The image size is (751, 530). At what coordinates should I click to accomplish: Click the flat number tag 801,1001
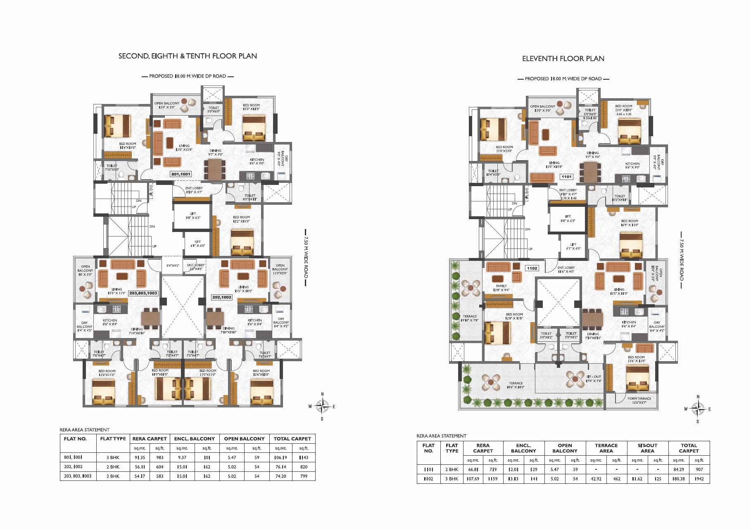181,174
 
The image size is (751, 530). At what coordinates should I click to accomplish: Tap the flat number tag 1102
532,268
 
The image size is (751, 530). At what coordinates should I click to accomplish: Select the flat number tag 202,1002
222,297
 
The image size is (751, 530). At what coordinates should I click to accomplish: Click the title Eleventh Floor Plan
563,59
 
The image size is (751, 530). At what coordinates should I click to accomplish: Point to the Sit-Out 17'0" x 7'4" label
594,379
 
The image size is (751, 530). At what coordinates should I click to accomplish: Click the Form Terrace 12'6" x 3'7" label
639,400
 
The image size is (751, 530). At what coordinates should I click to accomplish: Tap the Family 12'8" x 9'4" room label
501,288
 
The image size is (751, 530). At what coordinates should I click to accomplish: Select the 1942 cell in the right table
699,479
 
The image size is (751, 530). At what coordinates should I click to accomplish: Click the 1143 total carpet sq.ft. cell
304,457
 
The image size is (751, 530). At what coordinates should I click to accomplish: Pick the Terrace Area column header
606,448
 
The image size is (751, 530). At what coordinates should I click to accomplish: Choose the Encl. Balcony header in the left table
194,439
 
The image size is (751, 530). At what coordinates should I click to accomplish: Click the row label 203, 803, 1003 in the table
78,476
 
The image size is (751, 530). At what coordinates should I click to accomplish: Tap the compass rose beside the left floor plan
322,407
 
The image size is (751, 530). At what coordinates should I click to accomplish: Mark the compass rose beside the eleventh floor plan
698,409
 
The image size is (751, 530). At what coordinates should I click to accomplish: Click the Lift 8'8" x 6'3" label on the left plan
193,216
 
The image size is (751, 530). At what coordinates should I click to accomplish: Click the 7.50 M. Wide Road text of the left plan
306,258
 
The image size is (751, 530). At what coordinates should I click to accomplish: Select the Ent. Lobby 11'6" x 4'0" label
566,270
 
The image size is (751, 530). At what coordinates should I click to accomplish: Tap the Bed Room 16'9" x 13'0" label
630,223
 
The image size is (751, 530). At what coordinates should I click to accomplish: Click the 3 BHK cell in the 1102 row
452,479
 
